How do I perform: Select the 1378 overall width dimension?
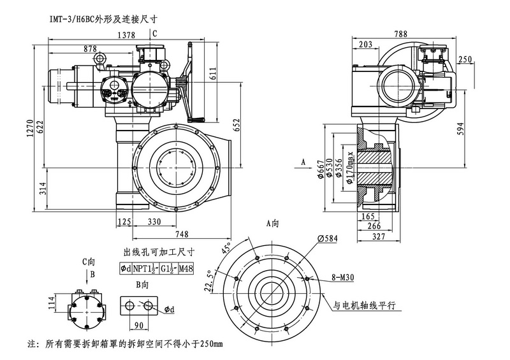pos(127,36)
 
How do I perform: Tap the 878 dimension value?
pos(90,49)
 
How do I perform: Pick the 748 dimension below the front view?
pos(182,233)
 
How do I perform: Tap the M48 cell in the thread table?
pos(186,269)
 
